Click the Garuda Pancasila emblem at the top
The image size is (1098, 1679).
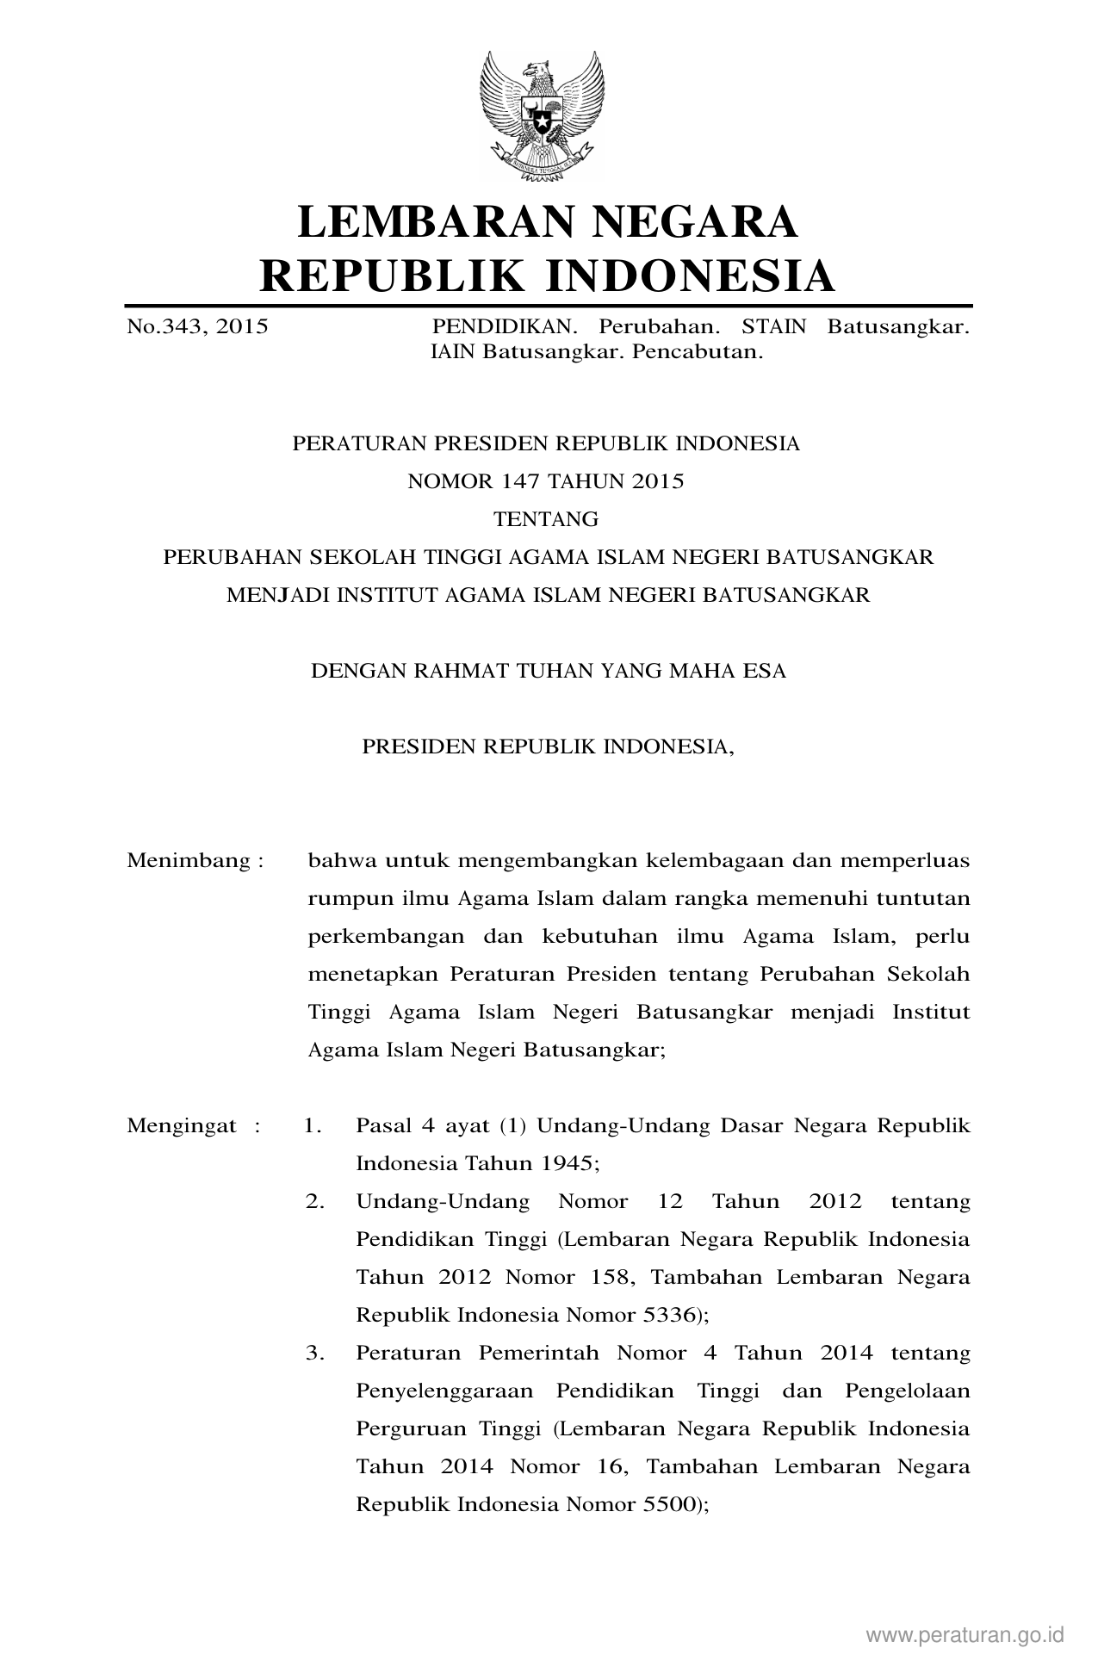(542, 116)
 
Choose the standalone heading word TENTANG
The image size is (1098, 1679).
(545, 519)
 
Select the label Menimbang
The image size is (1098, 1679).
(189, 860)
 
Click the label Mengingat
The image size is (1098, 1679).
(182, 1125)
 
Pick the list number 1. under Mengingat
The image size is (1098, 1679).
(313, 1125)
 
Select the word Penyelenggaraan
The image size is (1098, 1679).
(444, 1391)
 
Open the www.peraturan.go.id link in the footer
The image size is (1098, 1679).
(965, 1634)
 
